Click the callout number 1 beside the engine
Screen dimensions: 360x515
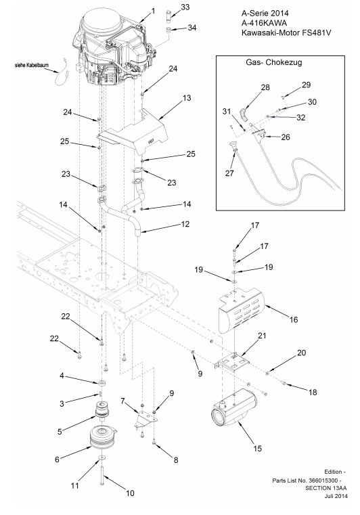pyautogui.click(x=153, y=12)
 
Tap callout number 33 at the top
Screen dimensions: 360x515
pyautogui.click(x=185, y=7)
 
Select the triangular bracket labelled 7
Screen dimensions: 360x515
pyautogui.click(x=145, y=419)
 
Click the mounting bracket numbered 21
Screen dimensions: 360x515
pyautogui.click(x=233, y=361)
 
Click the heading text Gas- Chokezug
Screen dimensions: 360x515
pyautogui.click(x=273, y=62)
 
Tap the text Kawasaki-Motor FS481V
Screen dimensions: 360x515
pyautogui.click(x=284, y=32)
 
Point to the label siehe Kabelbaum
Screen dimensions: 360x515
pyautogui.click(x=32, y=65)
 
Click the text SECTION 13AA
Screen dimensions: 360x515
pyautogui.click(x=325, y=488)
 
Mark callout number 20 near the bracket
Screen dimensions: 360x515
pyautogui.click(x=301, y=353)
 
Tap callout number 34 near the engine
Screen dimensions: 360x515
pyautogui.click(x=192, y=28)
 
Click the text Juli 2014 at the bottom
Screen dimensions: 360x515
pyautogui.click(x=336, y=495)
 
